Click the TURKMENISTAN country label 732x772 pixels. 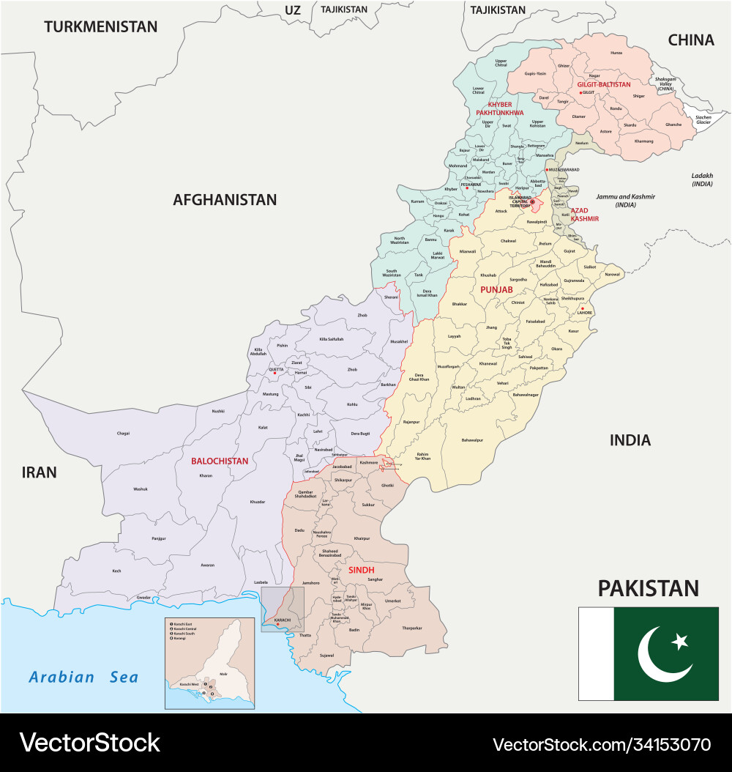click(x=100, y=27)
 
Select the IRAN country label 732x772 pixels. click(x=40, y=472)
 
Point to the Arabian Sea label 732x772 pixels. click(x=83, y=677)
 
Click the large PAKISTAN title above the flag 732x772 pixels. click(x=648, y=587)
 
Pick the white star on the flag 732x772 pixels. click(x=680, y=642)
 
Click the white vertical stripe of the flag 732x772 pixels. click(x=596, y=653)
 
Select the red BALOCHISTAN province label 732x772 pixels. click(x=220, y=461)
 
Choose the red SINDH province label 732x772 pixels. click(x=361, y=568)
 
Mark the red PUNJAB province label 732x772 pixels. click(x=496, y=290)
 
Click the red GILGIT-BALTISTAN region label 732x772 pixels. click(x=604, y=84)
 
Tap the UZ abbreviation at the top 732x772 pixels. click(x=293, y=10)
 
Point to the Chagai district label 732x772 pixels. click(x=123, y=433)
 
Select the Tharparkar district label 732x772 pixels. click(x=411, y=628)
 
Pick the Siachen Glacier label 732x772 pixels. click(x=703, y=119)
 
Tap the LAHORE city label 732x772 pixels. click(x=585, y=313)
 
